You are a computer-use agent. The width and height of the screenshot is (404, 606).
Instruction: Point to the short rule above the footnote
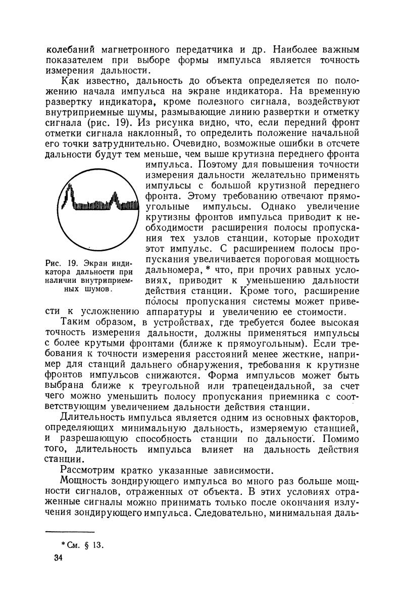70,532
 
